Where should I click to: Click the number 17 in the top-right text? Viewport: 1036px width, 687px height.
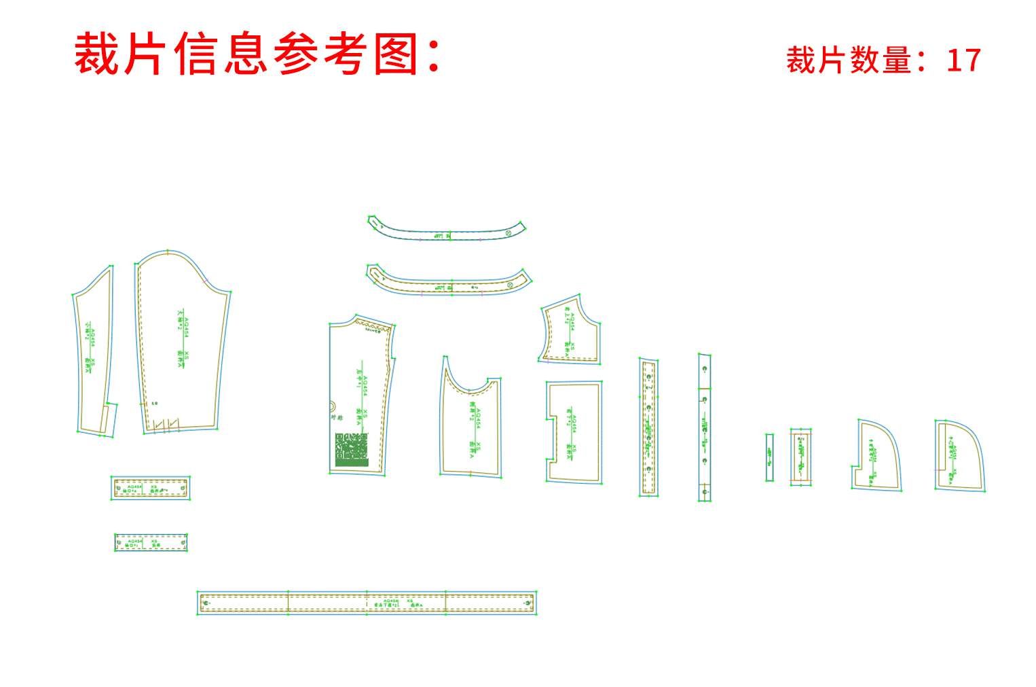point(963,60)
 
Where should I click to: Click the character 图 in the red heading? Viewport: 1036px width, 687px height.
point(396,54)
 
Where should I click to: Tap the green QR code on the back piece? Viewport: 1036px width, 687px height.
point(352,449)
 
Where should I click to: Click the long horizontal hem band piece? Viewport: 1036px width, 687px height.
point(367,603)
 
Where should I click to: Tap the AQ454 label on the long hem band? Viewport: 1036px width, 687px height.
point(390,601)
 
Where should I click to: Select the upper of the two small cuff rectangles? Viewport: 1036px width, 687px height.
point(150,488)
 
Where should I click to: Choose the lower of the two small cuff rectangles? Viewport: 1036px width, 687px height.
point(150,542)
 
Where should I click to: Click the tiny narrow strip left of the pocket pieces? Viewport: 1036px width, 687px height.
point(769,457)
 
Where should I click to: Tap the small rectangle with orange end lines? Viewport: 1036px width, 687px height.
point(800,457)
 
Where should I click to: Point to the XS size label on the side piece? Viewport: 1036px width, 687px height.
point(479,446)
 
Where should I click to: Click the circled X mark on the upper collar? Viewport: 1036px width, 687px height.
point(508,233)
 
